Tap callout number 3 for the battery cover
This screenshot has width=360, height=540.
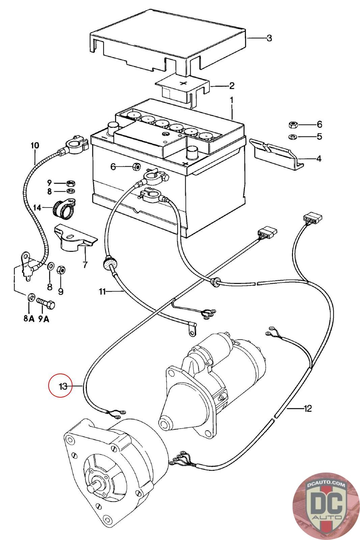[269, 38]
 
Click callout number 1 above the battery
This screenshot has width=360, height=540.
[231, 100]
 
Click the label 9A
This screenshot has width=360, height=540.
[44, 318]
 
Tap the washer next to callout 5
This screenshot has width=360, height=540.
[292, 137]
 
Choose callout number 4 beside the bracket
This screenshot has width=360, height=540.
[319, 158]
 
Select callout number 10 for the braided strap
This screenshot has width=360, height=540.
[35, 146]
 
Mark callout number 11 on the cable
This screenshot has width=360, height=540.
[102, 291]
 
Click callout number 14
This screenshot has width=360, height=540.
[37, 207]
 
